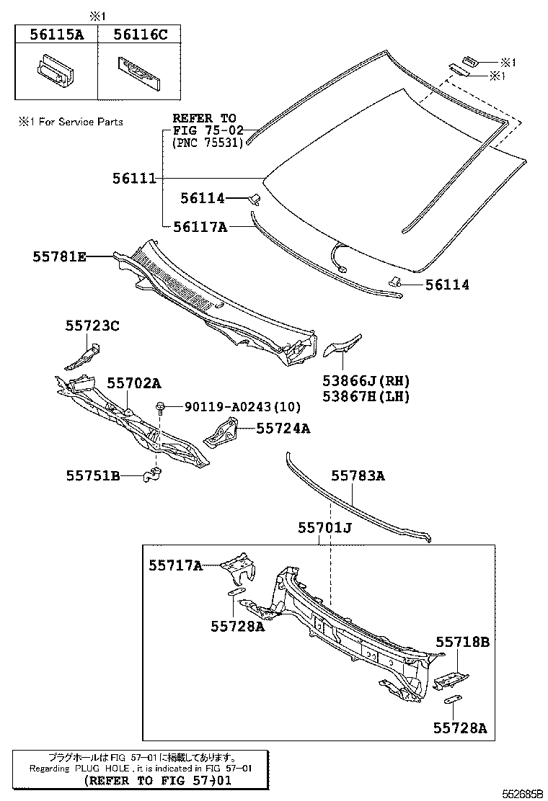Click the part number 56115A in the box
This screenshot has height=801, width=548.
click(56, 34)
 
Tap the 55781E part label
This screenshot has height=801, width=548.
click(58, 256)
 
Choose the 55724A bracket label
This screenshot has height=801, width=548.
click(283, 429)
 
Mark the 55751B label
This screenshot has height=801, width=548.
click(93, 475)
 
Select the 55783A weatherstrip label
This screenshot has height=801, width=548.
click(358, 475)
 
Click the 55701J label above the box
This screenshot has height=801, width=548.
click(324, 529)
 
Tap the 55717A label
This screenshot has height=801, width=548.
click(176, 565)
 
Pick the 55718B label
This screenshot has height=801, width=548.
click(462, 641)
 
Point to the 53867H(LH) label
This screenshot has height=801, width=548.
click(367, 395)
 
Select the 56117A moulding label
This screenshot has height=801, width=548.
click(200, 227)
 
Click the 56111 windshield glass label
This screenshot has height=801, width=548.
click(134, 178)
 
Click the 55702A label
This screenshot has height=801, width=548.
click(134, 383)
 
